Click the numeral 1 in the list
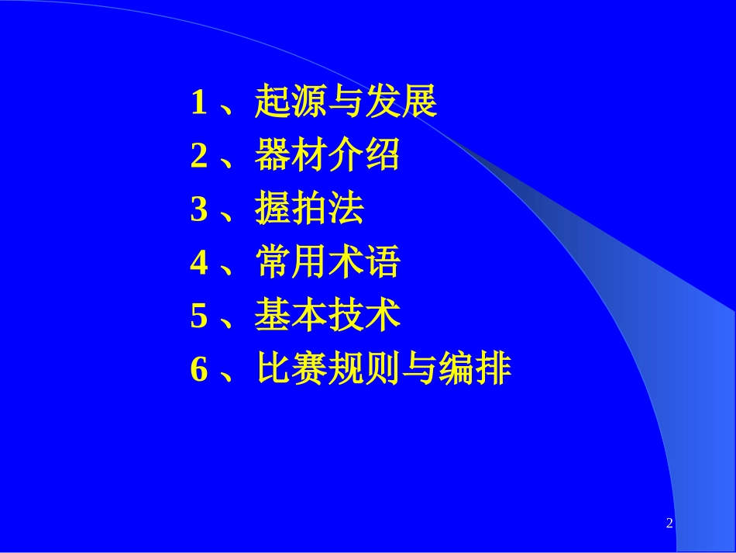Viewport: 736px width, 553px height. pos(199,103)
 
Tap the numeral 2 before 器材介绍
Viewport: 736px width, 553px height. pos(199,157)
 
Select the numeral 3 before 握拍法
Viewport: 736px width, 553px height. pos(199,210)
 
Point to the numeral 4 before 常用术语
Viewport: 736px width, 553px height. pos(199,264)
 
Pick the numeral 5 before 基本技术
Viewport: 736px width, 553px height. pos(199,317)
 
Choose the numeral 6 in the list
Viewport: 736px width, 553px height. pos(199,371)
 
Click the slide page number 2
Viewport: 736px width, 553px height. pos(669,524)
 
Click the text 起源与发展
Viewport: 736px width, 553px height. pos(346,103)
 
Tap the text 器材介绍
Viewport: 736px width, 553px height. pos(327,157)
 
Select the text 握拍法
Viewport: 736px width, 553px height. pos(308,210)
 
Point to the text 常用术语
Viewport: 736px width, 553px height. pos(327,264)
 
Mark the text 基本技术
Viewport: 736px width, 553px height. pos(327,317)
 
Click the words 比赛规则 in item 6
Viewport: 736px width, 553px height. pos(327,371)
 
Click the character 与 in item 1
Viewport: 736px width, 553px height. pos(346,103)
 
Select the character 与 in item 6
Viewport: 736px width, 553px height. pos(418,371)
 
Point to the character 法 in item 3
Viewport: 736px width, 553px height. pos(346,210)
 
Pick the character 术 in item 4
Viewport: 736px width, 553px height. pos(346,264)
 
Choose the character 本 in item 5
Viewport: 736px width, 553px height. pos(309,317)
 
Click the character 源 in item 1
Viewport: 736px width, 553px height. pos(309,103)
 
